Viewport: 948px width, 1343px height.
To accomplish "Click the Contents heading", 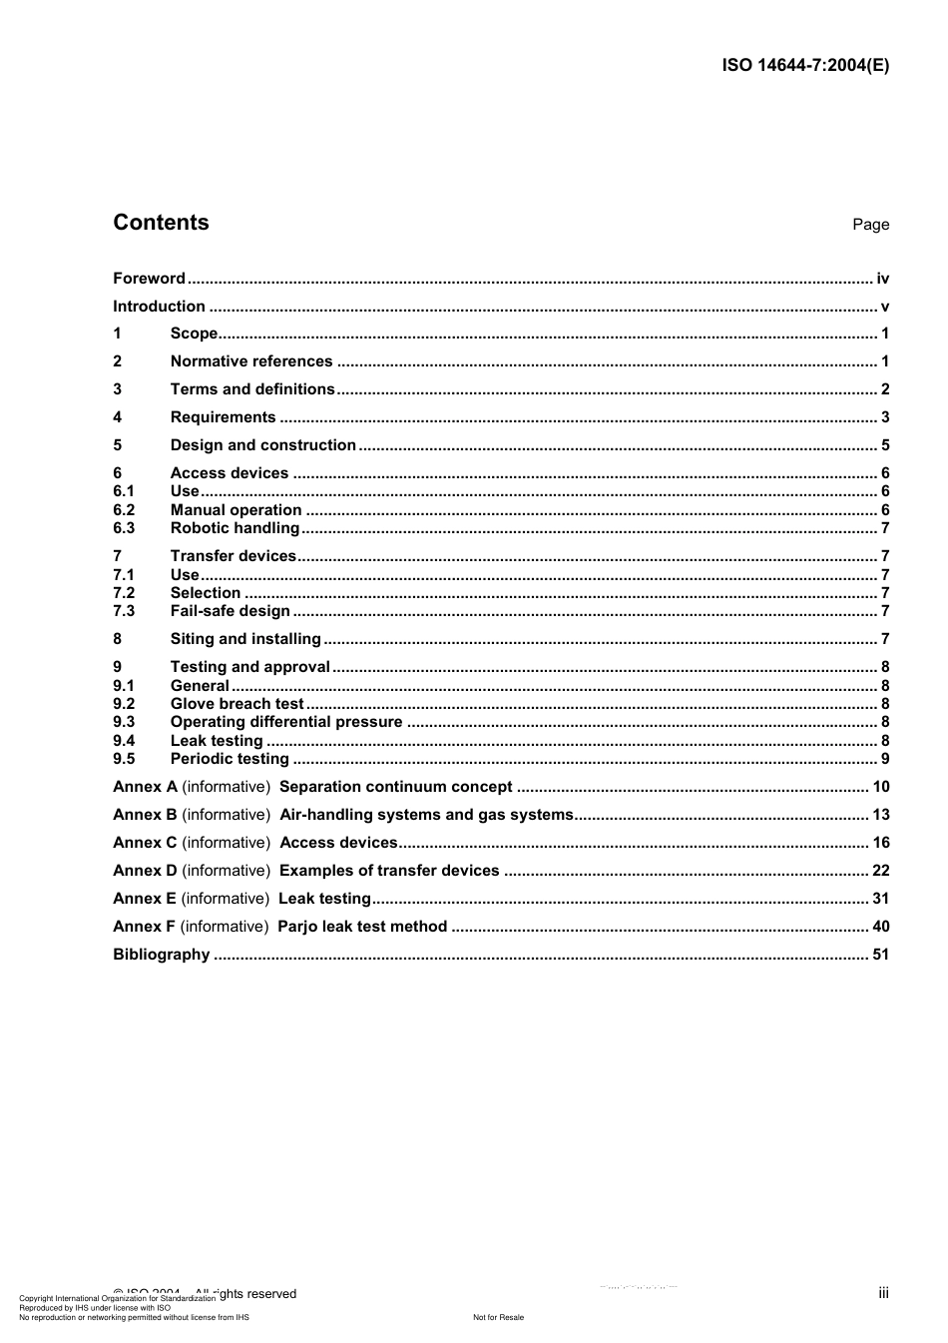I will point(161,223).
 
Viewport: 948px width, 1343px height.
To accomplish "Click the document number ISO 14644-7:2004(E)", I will point(804,66).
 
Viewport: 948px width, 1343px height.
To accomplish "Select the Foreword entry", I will point(149,279).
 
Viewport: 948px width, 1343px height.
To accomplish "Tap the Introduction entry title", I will point(159,307).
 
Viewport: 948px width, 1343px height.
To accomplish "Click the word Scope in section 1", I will point(194,334).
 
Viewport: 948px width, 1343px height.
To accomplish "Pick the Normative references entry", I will point(251,361).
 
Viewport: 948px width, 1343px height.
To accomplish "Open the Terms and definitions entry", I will point(252,389).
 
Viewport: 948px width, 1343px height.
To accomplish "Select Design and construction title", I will point(262,445).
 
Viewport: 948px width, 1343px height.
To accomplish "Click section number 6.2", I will point(124,510).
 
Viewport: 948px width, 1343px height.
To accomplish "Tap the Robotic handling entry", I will point(235,528).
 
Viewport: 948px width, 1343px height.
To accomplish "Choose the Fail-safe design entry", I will point(230,611).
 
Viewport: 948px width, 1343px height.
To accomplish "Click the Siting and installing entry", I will point(245,639).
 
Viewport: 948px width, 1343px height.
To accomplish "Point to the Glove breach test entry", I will point(237,704).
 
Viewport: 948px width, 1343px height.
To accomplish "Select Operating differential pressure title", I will point(286,722).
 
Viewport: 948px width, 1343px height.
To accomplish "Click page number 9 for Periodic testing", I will point(885,759).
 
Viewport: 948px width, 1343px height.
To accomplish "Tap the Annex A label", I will point(145,787).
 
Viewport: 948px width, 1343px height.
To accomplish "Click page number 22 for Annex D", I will point(880,871).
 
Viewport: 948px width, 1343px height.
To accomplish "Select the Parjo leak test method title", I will point(362,927).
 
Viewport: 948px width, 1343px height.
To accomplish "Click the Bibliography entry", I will point(162,955).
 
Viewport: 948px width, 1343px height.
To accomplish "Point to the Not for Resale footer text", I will point(498,1317).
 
